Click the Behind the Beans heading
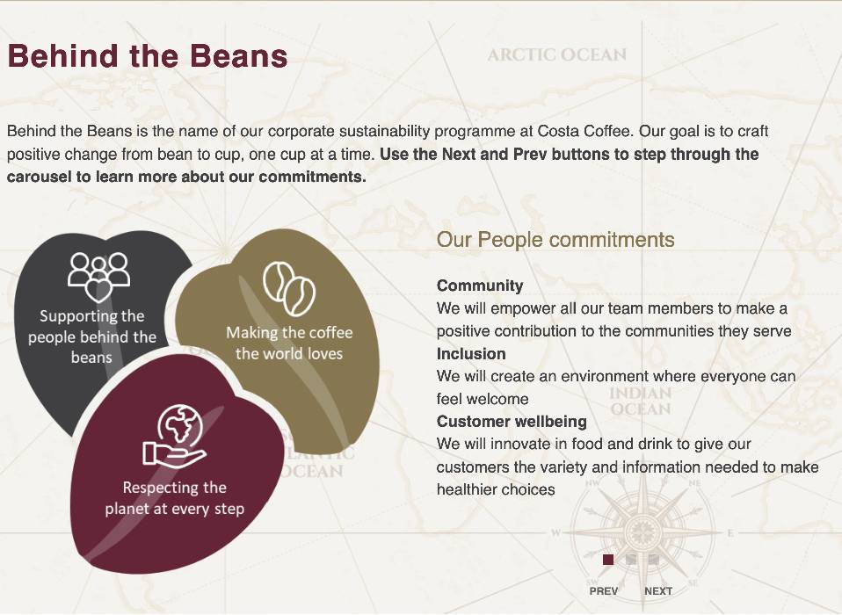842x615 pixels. tap(148, 56)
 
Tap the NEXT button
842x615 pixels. tap(658, 591)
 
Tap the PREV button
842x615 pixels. tap(604, 591)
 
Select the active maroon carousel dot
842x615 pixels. tap(608, 560)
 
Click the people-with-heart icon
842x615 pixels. tap(98, 277)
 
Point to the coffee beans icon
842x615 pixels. tap(289, 289)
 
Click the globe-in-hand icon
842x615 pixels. tap(176, 436)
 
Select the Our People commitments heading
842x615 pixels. tap(555, 240)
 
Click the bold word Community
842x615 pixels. tap(480, 286)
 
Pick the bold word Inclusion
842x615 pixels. tap(471, 354)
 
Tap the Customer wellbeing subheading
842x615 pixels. tap(512, 421)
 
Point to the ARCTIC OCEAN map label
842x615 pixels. tap(557, 54)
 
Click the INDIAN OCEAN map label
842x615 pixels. tap(641, 401)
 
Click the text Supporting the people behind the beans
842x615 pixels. tap(91, 336)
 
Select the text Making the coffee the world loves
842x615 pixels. tap(289, 343)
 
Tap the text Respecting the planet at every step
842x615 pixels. tap(175, 498)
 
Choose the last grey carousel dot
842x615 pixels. tap(654, 560)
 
